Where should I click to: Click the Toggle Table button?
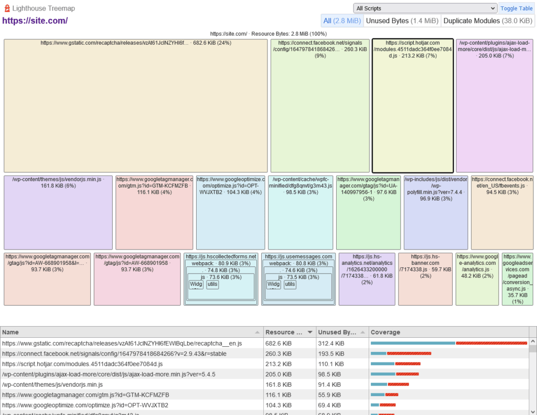[x=517, y=8]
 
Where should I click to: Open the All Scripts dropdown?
[x=425, y=8]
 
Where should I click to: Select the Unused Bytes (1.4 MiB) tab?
[x=402, y=20]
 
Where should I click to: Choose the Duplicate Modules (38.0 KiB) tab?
[x=487, y=20]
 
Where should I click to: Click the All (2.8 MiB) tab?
[x=342, y=20]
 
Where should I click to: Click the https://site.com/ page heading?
[x=35, y=21]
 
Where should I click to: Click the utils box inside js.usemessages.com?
[x=290, y=284]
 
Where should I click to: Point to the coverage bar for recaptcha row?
[x=448, y=343]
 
